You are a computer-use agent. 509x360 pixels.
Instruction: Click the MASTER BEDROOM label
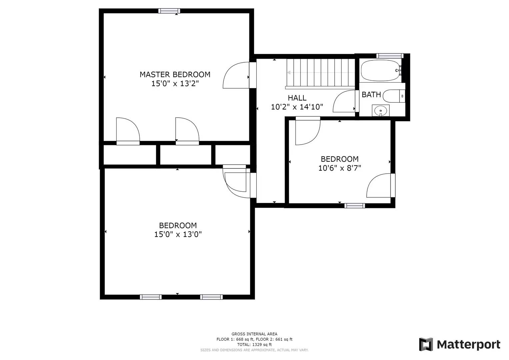pos(175,74)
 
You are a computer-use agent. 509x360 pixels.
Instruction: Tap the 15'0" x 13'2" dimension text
pos(175,83)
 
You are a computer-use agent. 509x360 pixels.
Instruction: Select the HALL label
pos(297,98)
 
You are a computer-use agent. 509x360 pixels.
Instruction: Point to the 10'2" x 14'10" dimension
pos(297,107)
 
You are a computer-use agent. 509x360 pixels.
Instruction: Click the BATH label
pos(371,95)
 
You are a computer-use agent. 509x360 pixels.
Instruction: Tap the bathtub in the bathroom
pos(380,70)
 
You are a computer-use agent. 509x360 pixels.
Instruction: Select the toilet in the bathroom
pos(393,96)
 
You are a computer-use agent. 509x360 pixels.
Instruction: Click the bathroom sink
pos(380,110)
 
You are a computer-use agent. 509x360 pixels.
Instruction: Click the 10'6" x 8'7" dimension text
pos(339,168)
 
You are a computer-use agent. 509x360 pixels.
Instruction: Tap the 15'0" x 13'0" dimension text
pos(178,234)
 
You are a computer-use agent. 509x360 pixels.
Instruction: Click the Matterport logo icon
pos(426,344)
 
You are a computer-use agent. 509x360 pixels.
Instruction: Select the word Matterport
pos(468,344)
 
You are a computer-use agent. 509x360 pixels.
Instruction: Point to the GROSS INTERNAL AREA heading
pos(254,334)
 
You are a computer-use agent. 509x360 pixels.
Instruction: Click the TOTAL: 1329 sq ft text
pos(254,345)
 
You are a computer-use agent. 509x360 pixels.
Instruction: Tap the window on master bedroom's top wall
pos(169,11)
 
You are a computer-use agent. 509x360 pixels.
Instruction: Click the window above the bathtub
pos(390,56)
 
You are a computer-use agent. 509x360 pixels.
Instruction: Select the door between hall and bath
pos(345,101)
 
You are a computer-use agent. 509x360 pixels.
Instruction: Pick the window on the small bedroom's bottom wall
pos(354,206)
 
